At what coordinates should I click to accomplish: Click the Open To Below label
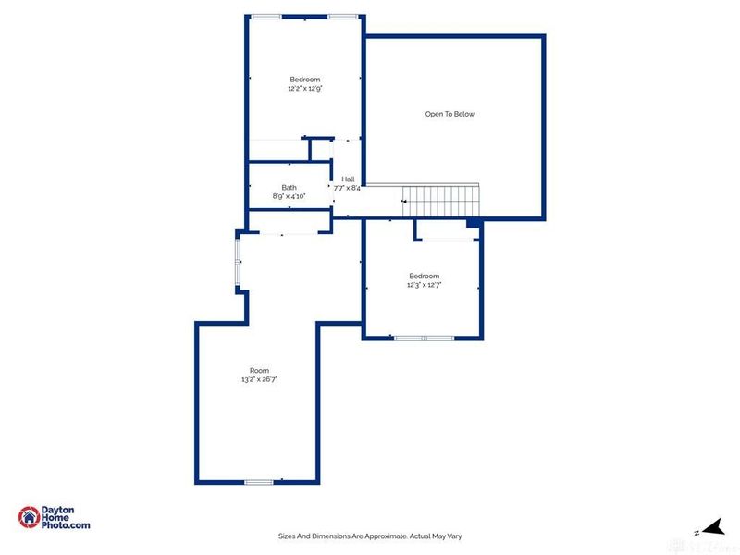[x=450, y=114]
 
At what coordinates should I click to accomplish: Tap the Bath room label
[x=290, y=187]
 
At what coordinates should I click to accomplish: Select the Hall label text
[x=348, y=179]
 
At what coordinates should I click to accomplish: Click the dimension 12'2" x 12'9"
[x=304, y=89]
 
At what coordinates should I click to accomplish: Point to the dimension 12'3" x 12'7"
[x=425, y=285]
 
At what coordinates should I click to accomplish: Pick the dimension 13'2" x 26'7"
[x=259, y=379]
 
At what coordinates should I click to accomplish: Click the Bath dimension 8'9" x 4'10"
[x=290, y=196]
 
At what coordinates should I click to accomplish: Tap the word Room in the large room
[x=259, y=370]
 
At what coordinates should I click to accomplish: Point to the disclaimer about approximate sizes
[x=370, y=536]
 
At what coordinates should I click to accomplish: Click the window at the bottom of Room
[x=259, y=481]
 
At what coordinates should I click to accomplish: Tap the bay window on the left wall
[x=238, y=261]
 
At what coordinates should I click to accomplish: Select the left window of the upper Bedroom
[x=266, y=16]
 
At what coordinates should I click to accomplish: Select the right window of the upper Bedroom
[x=342, y=16]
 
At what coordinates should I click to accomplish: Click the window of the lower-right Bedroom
[x=425, y=338]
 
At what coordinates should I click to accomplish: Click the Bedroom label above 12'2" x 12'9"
[x=304, y=80]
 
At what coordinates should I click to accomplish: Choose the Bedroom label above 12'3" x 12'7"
[x=425, y=276]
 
